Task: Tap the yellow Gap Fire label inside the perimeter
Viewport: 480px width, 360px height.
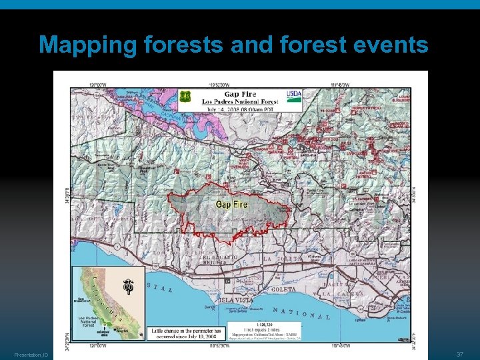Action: point(231,203)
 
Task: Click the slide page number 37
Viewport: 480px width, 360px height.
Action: point(460,353)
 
